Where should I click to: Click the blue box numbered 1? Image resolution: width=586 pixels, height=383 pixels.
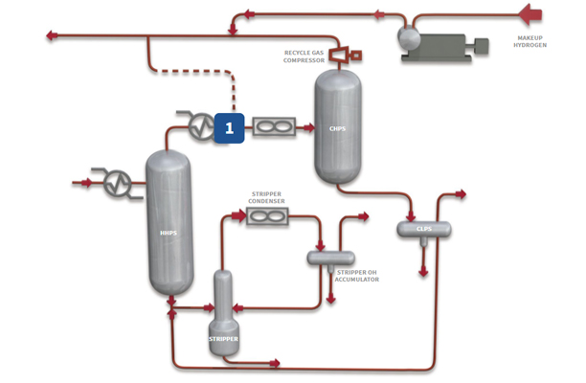tap(229, 126)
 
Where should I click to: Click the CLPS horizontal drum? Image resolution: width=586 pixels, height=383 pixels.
tap(424, 230)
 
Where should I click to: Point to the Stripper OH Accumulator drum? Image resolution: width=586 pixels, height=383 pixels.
tap(330, 258)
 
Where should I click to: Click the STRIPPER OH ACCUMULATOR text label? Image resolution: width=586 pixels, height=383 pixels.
tap(356, 276)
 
